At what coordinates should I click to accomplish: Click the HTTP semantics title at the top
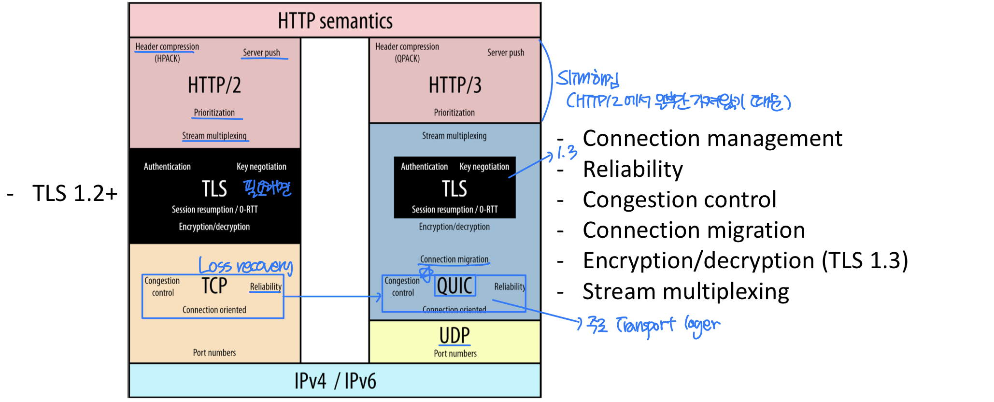[335, 21]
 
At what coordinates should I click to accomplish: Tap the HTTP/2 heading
[214, 86]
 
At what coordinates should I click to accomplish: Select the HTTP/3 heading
[455, 86]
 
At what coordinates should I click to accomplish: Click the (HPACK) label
[167, 58]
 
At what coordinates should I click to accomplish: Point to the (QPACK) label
[407, 58]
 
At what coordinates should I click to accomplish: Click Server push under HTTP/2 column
[261, 52]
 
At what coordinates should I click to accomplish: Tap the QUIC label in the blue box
[454, 286]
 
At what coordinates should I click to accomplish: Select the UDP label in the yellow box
[454, 335]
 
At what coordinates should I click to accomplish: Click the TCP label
[214, 286]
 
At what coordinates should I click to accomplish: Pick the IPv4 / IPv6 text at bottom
[335, 381]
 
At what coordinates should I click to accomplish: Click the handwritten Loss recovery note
[246, 266]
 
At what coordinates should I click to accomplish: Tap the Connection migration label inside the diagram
[454, 259]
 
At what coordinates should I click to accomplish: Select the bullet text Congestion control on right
[679, 200]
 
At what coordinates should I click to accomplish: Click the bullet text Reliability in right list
[633, 169]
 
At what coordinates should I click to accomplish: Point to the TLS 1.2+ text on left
[75, 193]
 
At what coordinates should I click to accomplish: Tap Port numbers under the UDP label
[455, 354]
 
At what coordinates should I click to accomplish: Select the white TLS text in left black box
[214, 189]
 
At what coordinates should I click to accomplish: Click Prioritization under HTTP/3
[454, 113]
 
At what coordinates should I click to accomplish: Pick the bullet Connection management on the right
[712, 139]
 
